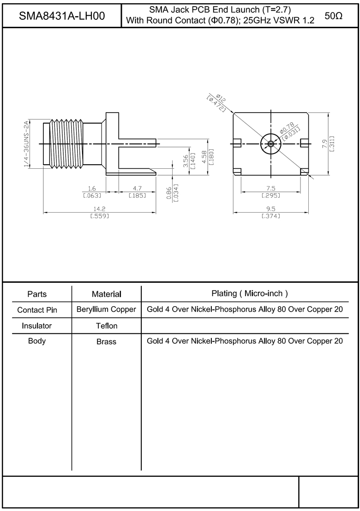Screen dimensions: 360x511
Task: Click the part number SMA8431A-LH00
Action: tap(62, 15)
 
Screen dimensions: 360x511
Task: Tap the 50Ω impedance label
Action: tap(334, 15)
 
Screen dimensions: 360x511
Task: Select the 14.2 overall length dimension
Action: tap(99, 209)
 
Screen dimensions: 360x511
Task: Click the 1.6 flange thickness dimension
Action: tap(92, 188)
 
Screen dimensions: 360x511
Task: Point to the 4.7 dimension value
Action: tap(137, 188)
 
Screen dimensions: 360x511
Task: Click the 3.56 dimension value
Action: tap(186, 161)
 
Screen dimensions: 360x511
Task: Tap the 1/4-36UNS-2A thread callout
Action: tap(27, 143)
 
